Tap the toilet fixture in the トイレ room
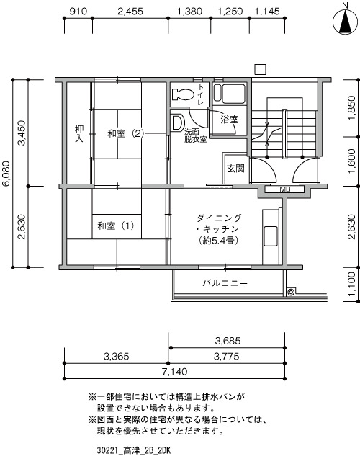(183, 94)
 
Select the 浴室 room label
(230, 120)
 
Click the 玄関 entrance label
(235, 169)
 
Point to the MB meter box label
(285, 189)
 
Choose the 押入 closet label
(79, 133)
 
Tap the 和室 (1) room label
(116, 226)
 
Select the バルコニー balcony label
(225, 283)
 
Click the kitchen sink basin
(271, 236)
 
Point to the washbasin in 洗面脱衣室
(178, 122)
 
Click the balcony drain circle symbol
(291, 293)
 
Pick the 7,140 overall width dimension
(174, 371)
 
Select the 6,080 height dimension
(6, 174)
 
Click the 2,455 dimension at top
(130, 12)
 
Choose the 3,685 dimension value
(228, 342)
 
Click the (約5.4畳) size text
(219, 241)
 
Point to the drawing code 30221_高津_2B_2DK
(134, 451)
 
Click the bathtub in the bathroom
(230, 94)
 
